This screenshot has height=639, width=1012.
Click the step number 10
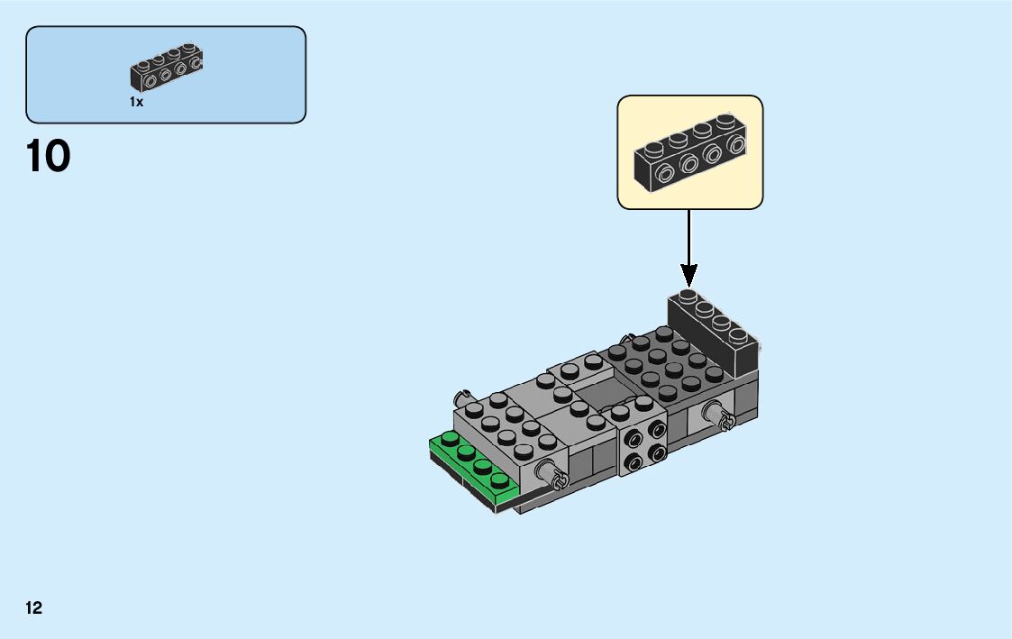coord(49,157)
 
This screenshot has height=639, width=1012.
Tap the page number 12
coord(34,607)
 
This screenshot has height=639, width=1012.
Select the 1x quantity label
coord(136,103)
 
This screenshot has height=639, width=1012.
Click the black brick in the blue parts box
coord(167,69)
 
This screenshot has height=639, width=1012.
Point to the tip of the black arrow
coord(689,287)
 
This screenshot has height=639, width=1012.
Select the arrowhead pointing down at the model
coord(689,275)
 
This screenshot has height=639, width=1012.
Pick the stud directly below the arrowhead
coord(688,296)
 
